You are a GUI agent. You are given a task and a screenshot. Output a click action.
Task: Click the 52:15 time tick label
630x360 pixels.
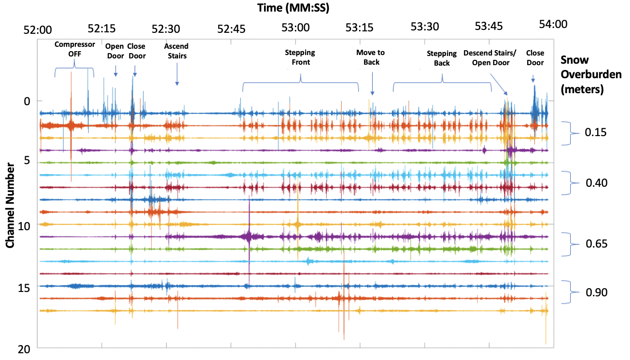[x=102, y=28]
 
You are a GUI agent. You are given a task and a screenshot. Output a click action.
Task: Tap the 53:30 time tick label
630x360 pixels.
[x=423, y=27]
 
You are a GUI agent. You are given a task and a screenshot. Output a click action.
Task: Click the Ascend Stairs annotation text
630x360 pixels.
[x=176, y=51]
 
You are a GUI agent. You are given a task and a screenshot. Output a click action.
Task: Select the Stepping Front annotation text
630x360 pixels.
[x=300, y=57]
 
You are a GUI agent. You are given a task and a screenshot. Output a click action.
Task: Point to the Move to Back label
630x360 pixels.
[x=371, y=57]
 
